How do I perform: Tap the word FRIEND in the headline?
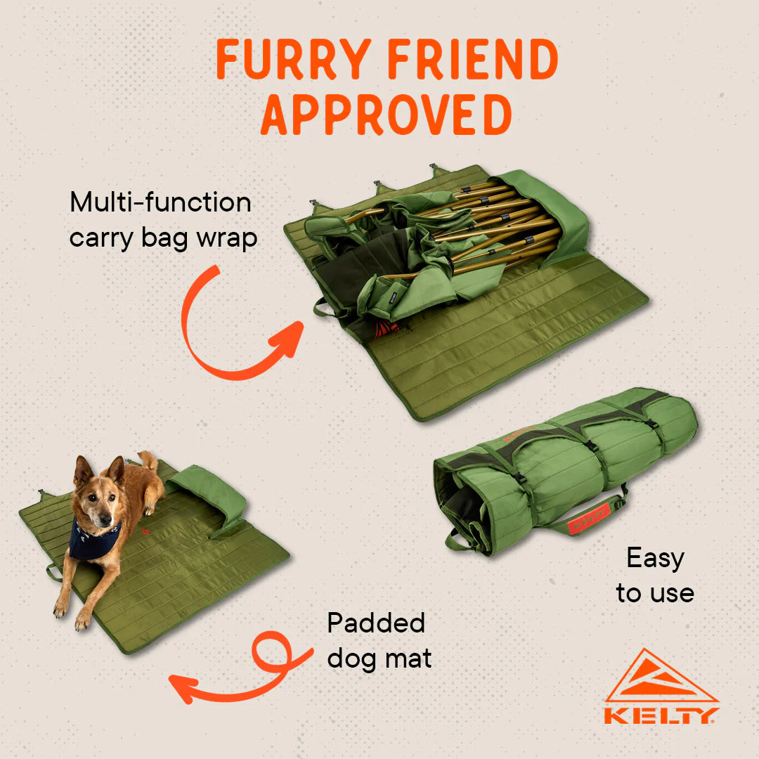(x=473, y=59)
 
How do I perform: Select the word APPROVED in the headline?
(x=387, y=115)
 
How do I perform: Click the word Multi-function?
(x=160, y=202)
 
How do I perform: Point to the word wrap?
(x=226, y=240)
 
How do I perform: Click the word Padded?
(x=376, y=623)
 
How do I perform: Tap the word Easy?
(x=656, y=559)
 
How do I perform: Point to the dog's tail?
(x=147, y=460)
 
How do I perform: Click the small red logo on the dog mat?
(x=145, y=532)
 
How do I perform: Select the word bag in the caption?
(x=164, y=240)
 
